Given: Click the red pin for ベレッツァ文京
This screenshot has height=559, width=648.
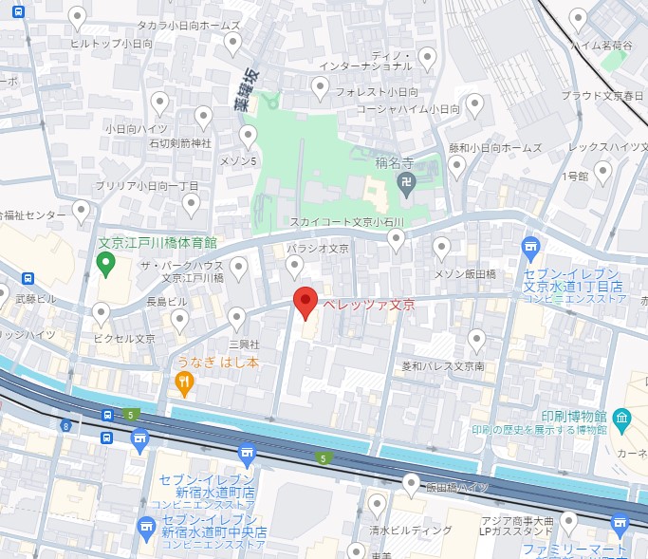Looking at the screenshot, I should tap(305, 302).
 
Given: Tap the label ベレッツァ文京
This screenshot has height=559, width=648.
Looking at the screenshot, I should tap(368, 305).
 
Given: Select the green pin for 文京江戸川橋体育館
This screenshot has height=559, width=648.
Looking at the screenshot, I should tap(105, 262).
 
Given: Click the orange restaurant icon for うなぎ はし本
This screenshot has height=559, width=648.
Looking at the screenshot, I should tap(184, 383).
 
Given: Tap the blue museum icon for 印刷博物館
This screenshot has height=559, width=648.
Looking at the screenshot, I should tap(622, 417).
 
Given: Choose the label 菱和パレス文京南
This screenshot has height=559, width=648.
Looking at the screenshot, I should tap(443, 365).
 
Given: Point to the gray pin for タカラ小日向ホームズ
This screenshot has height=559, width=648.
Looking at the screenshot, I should tap(233, 43).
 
